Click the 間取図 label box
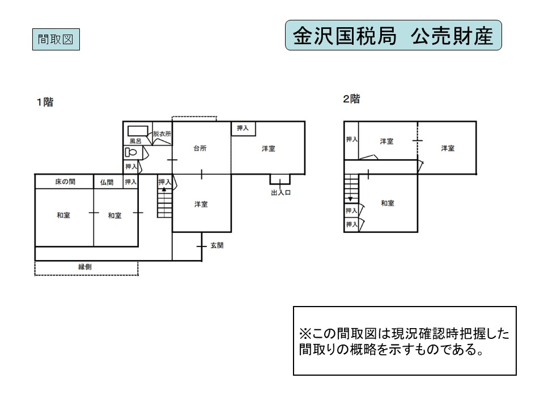pyautogui.click(x=56, y=39)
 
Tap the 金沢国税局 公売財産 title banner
pyautogui.click(x=393, y=35)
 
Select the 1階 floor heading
pyautogui.click(x=45, y=102)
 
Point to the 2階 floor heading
pyautogui.click(x=351, y=99)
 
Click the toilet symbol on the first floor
pyautogui.click(x=131, y=152)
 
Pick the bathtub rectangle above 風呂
pyautogui.click(x=138, y=131)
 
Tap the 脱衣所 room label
pyautogui.click(x=162, y=134)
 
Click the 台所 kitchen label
pyautogui.click(x=200, y=148)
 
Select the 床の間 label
pyautogui.click(x=65, y=181)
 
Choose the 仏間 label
pyautogui.click(x=107, y=182)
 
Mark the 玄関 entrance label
pyautogui.click(x=217, y=245)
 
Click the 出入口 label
pyautogui.click(x=280, y=193)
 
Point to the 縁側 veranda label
pyautogui.click(x=85, y=267)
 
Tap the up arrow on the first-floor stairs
pyautogui.click(x=164, y=189)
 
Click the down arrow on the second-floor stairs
pyautogui.click(x=351, y=199)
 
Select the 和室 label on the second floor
pyautogui.click(x=388, y=203)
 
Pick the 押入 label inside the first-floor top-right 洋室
pyautogui.click(x=243, y=128)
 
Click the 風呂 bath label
pyautogui.click(x=135, y=141)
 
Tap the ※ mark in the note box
pyautogui.click(x=305, y=334)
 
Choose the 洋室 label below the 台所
pyautogui.click(x=201, y=205)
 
